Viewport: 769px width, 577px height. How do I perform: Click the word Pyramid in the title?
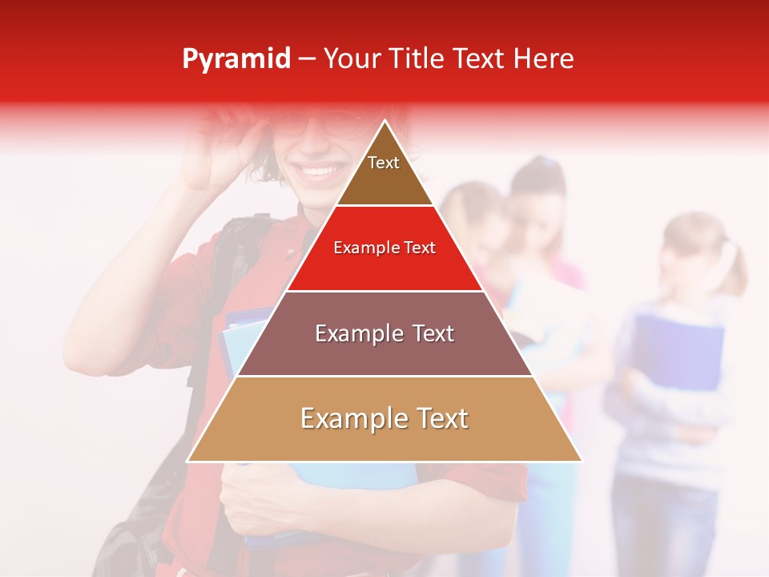pyautogui.click(x=236, y=59)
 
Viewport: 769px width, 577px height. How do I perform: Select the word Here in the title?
pyautogui.click(x=542, y=59)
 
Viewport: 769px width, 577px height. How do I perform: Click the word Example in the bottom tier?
pyautogui.click(x=350, y=418)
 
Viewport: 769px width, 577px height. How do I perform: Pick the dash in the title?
pyautogui.click(x=306, y=59)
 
